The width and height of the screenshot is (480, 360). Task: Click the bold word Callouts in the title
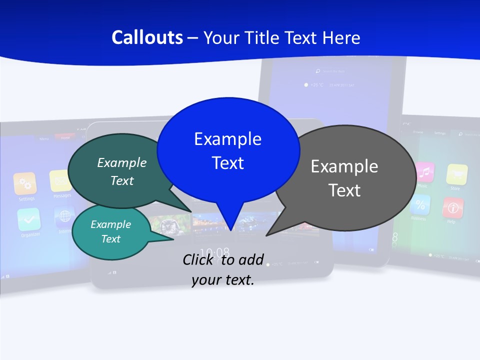147,37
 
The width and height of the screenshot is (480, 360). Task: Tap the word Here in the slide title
341,37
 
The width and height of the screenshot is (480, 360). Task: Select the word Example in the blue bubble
227,139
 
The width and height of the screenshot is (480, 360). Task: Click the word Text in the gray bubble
344,190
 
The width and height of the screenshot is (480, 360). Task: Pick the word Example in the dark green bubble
122,162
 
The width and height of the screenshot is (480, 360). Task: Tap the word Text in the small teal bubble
111,239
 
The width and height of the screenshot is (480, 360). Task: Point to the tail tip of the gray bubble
266,234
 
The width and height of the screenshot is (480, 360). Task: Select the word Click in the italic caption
198,259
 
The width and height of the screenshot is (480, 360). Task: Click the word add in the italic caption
250,259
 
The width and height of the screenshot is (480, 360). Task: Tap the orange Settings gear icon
25,183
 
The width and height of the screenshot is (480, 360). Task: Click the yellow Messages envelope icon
60,180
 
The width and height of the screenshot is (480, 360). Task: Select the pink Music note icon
424,172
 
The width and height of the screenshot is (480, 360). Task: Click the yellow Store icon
456,174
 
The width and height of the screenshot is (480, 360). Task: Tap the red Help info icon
452,207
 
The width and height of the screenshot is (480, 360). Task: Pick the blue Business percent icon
420,204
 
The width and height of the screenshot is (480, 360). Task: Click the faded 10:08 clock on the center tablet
214,251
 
